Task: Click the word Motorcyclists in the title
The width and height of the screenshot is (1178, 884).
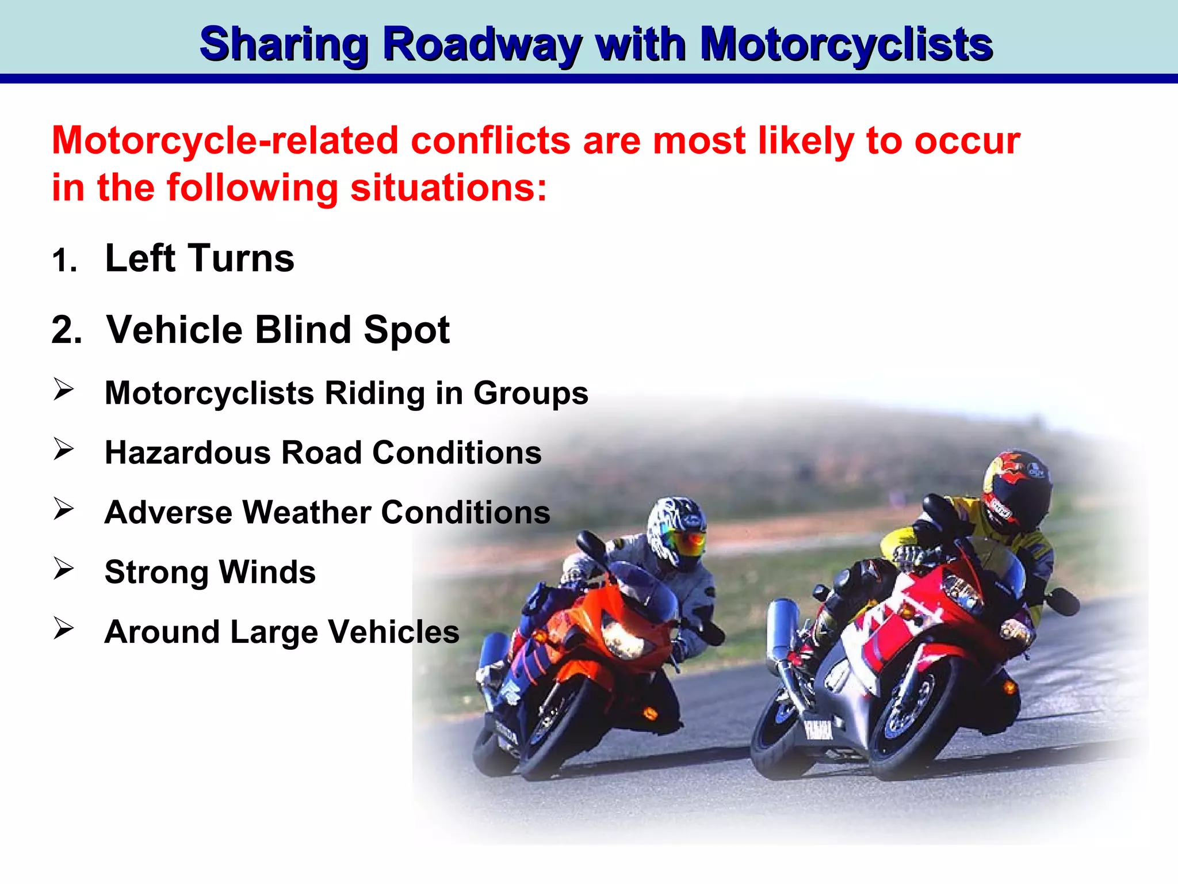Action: [x=846, y=45]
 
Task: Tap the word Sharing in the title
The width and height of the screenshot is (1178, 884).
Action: [x=284, y=45]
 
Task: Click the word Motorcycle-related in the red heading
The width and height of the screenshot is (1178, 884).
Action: [x=225, y=140]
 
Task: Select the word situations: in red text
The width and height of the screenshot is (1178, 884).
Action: [x=449, y=188]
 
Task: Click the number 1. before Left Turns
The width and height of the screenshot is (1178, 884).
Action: [x=64, y=260]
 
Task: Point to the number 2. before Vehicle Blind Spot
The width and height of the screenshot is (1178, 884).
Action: [x=67, y=330]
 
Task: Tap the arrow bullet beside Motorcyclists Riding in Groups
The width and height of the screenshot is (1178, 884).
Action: [x=63, y=390]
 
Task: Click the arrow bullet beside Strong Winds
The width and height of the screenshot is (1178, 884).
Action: [x=63, y=569]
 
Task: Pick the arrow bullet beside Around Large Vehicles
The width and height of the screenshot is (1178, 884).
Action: [x=63, y=628]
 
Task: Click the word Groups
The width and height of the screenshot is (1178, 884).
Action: [x=530, y=393]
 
